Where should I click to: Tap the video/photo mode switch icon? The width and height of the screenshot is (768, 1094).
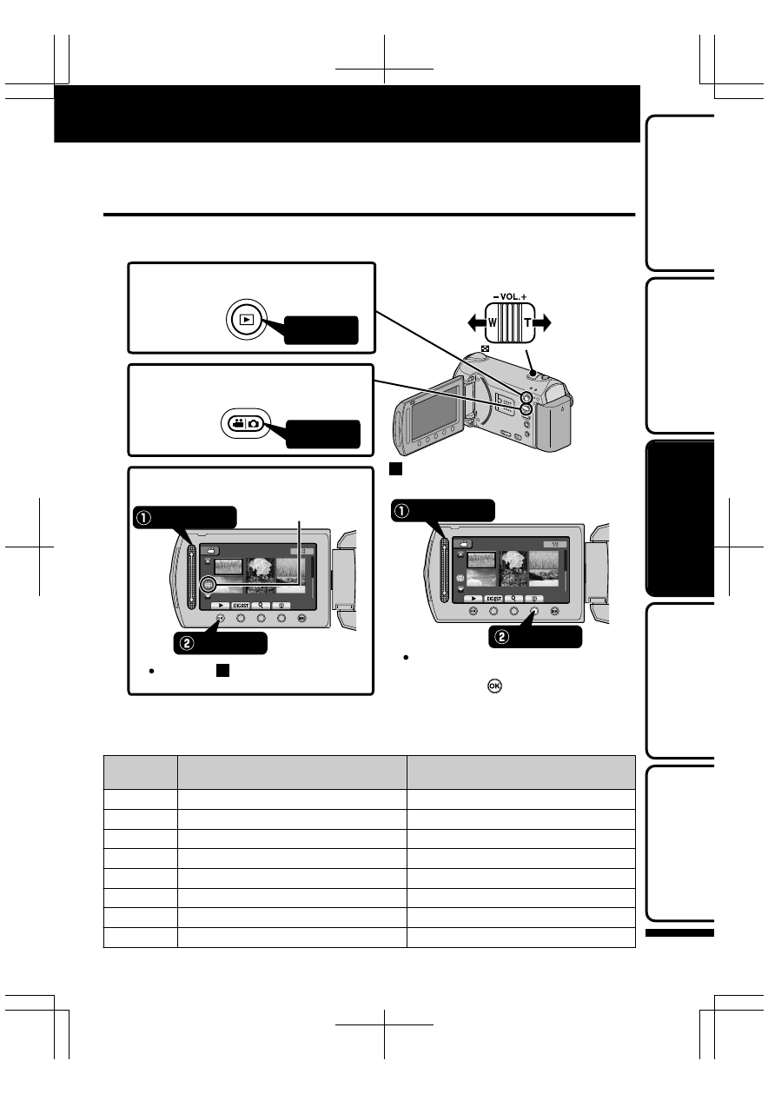point(244,423)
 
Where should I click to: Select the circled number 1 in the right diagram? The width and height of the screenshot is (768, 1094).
point(403,510)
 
